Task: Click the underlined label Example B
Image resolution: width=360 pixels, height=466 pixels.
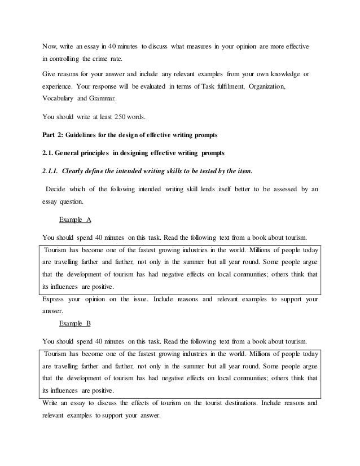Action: (75, 325)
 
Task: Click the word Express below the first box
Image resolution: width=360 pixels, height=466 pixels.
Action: (55, 300)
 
